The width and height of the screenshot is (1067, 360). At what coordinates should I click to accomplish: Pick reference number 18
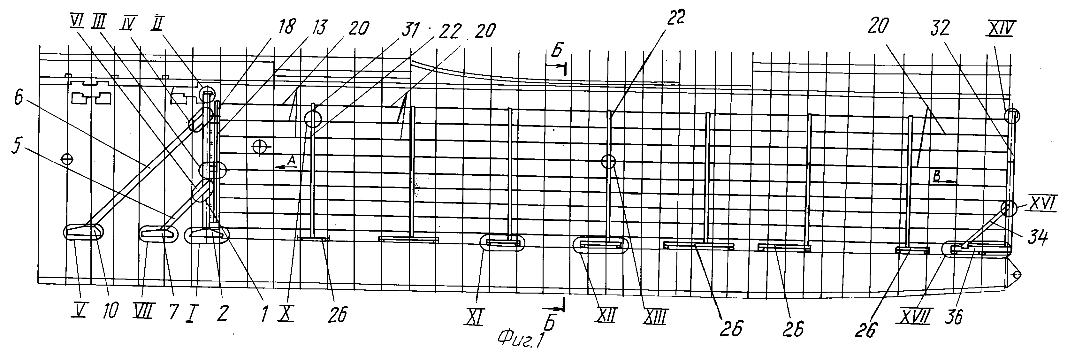287,27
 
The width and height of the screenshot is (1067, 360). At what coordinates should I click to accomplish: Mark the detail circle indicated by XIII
608,162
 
